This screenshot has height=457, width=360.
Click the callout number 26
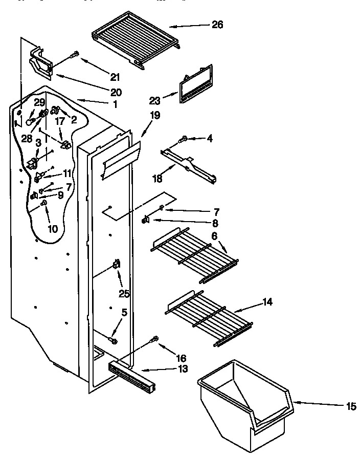[217, 25]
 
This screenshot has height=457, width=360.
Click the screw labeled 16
[154, 339]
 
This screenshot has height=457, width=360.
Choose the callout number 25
[123, 294]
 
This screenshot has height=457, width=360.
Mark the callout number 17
[60, 122]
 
